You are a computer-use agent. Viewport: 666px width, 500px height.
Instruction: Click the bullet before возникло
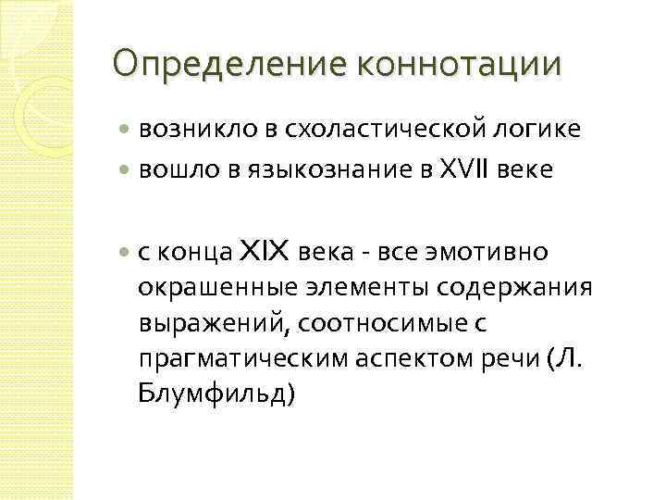tap(126, 131)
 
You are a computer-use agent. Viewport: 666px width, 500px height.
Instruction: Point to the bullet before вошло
tap(126, 170)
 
